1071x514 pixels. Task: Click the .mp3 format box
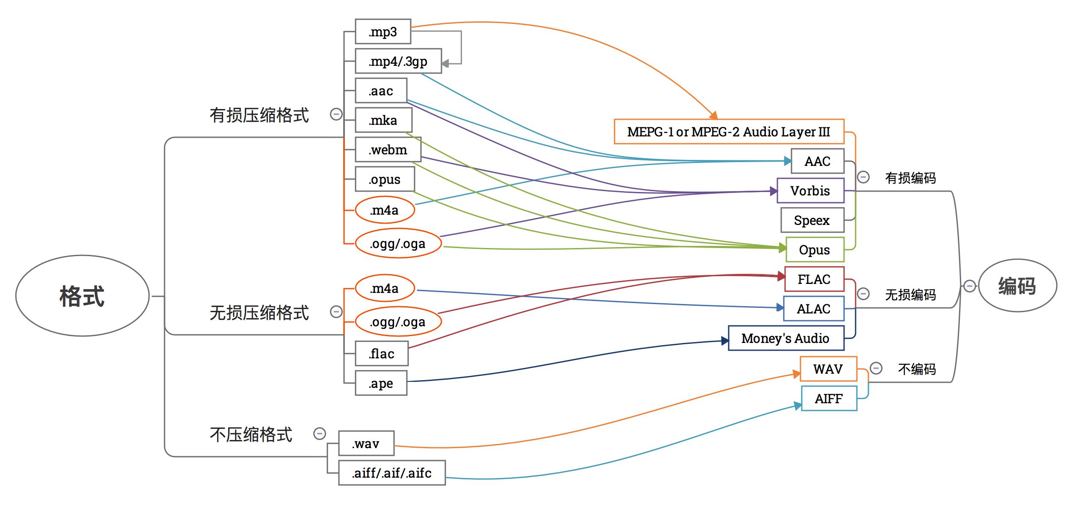pos(383,32)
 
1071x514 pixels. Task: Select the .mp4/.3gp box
pos(398,61)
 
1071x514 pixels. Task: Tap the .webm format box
pos(388,150)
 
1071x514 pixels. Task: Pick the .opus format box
pos(385,179)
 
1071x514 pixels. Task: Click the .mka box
pos(383,120)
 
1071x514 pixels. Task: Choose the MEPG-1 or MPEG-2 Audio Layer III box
pos(729,132)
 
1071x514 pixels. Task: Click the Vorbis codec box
pos(810,191)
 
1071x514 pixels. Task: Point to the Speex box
pos(812,220)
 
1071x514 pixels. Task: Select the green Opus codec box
pos(815,250)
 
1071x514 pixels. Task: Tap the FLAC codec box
pos(814,279)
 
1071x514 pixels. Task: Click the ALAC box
pos(814,309)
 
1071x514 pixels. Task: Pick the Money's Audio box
pos(786,338)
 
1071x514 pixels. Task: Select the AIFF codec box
pos(829,399)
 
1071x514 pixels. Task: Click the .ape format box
pos(381,383)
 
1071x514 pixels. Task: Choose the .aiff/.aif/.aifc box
pos(392,473)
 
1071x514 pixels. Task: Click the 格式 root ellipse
pos(82,296)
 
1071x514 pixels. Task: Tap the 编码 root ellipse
pos(1017,286)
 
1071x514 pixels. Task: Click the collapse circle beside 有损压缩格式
pos(336,114)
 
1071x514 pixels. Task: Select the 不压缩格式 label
pos(251,434)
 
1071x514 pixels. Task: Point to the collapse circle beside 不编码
pos(876,368)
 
